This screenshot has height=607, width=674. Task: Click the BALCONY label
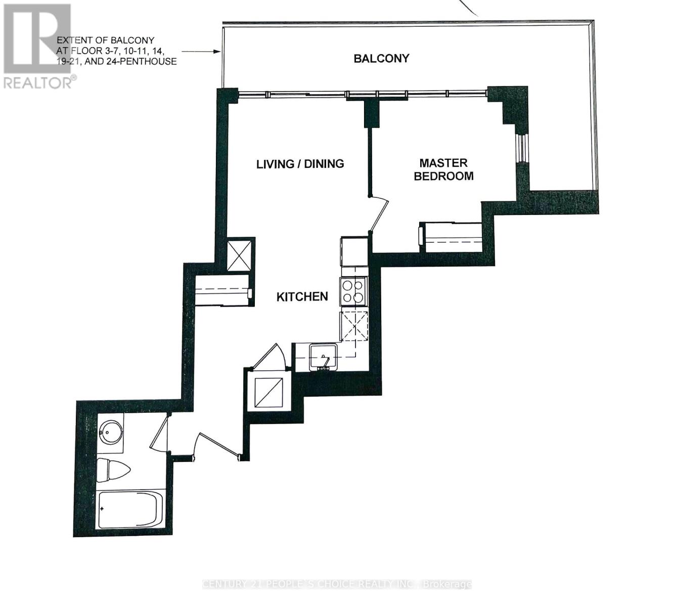click(x=381, y=58)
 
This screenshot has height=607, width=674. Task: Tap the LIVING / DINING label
click(x=300, y=164)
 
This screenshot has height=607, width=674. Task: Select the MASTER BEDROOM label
click(x=443, y=169)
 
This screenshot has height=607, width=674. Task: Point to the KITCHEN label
click(x=302, y=296)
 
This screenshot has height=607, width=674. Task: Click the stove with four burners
click(x=353, y=292)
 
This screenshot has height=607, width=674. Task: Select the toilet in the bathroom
click(x=112, y=470)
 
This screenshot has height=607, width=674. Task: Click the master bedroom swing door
click(x=378, y=214)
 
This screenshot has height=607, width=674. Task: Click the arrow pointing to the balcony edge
click(x=201, y=51)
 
